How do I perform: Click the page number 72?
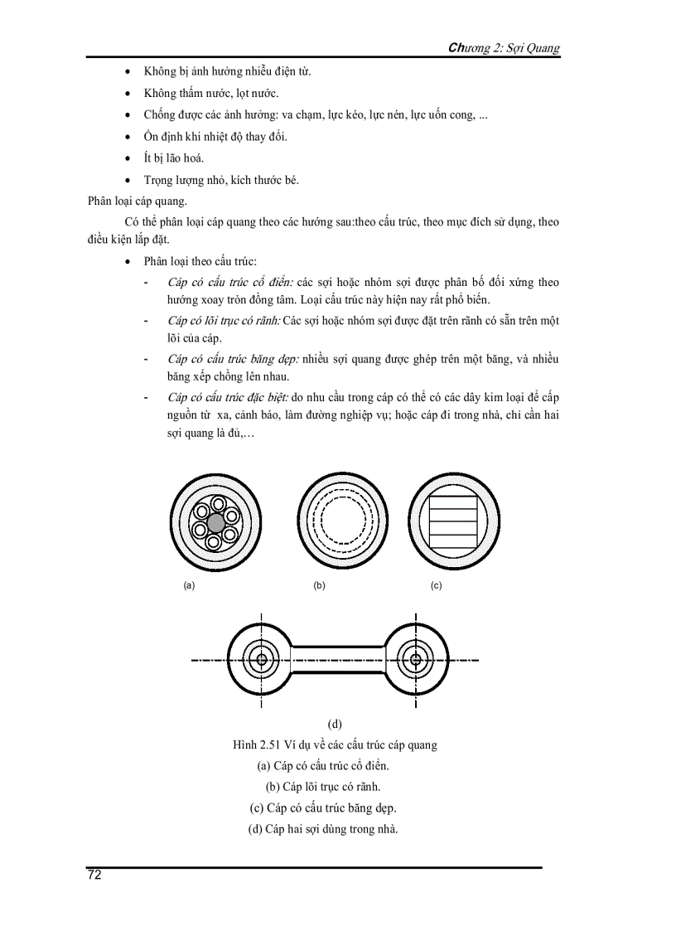tap(94, 875)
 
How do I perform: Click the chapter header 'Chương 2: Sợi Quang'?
tap(504, 47)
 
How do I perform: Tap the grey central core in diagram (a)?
tap(215, 521)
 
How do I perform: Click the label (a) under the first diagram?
tap(189, 585)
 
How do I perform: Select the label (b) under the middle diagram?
tap(319, 585)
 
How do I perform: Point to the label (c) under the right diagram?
tap(436, 585)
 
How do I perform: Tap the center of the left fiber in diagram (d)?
tap(263, 660)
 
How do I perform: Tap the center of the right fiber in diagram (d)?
tap(414, 660)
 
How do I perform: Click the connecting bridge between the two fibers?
tap(338, 660)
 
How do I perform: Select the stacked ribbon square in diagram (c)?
tap(453, 519)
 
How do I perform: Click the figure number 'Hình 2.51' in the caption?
tap(257, 744)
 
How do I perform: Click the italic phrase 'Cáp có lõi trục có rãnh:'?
tap(224, 320)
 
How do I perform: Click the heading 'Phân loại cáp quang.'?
tap(138, 200)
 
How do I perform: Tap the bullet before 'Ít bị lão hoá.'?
tap(127, 158)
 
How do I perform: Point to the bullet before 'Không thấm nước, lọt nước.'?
tap(127, 94)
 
